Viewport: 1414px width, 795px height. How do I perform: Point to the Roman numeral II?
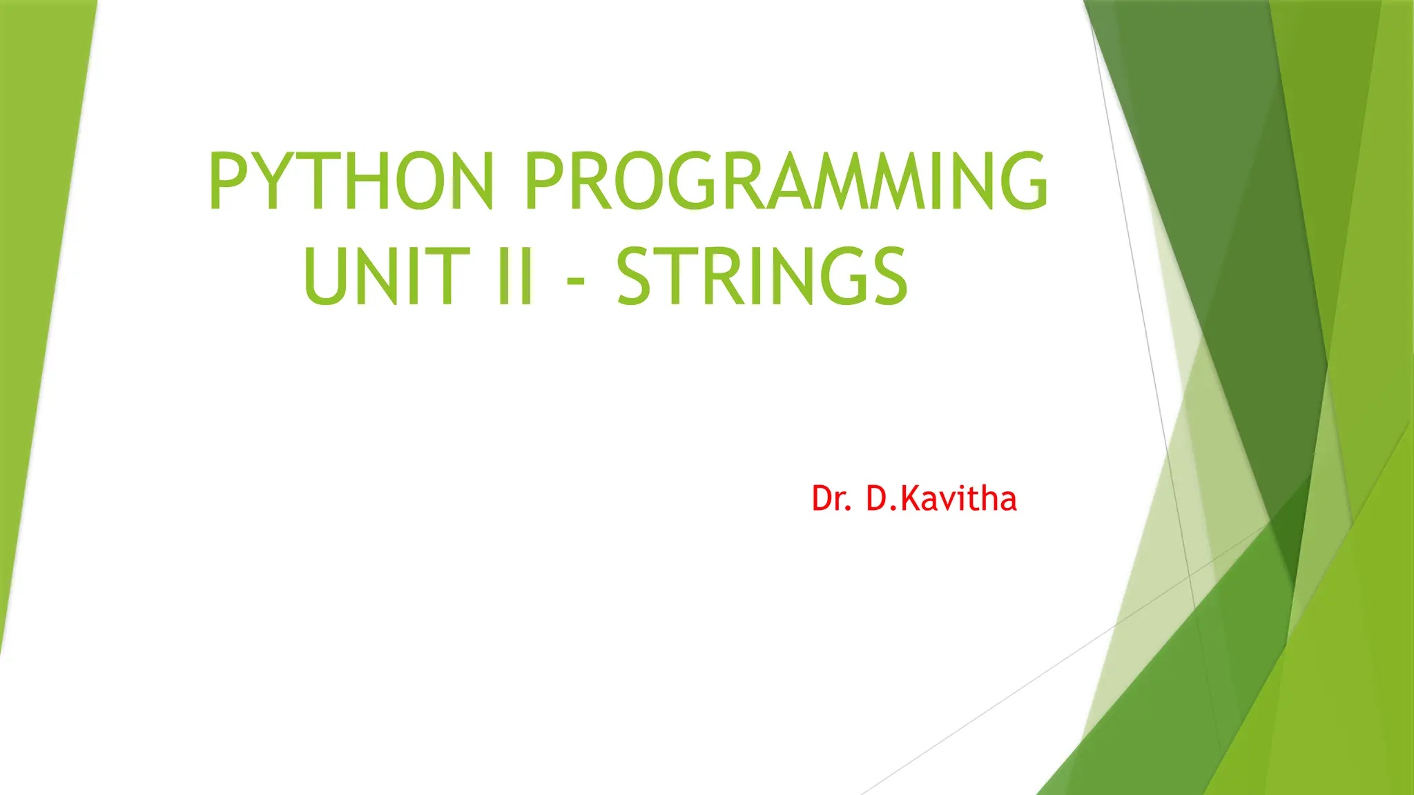pyautogui.click(x=516, y=277)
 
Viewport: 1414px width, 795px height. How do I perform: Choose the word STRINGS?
pyautogui.click(x=762, y=277)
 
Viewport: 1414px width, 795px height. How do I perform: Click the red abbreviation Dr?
pyautogui.click(x=831, y=498)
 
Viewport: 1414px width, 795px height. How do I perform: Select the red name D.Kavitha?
pyautogui.click(x=941, y=498)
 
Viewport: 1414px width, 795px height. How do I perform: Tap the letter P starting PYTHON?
pyautogui.click(x=227, y=181)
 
